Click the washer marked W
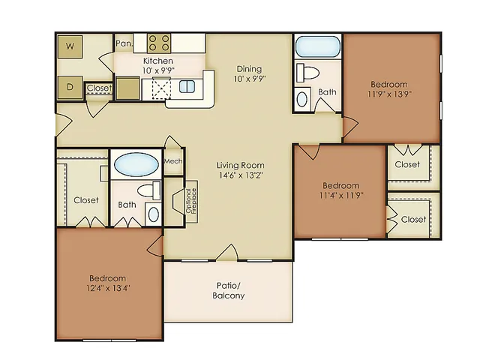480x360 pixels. click(70, 46)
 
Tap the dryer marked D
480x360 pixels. click(70, 87)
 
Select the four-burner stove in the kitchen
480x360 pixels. click(159, 43)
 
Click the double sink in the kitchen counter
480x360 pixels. click(187, 87)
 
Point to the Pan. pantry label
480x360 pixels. click(124, 43)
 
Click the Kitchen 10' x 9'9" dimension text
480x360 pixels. click(158, 70)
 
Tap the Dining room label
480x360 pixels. click(249, 69)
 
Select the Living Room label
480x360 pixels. click(240, 165)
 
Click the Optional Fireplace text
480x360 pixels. click(192, 201)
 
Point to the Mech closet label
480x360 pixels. click(173, 161)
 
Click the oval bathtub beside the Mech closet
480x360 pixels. click(136, 165)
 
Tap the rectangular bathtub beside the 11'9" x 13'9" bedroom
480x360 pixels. click(318, 46)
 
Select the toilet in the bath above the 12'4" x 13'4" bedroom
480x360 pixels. click(149, 190)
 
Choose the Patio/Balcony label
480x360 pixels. click(229, 290)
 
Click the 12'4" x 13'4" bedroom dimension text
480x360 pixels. click(108, 288)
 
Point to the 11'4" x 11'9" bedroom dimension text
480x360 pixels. click(341, 195)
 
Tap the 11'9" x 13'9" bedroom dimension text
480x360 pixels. click(389, 94)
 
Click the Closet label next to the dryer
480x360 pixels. click(98, 88)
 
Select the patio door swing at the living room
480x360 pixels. click(227, 253)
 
